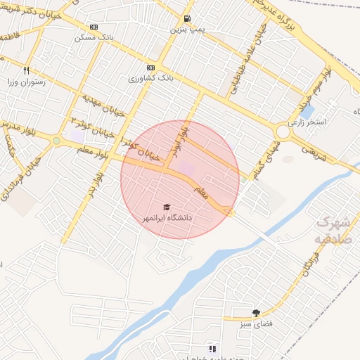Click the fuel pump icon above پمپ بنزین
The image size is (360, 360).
(186, 20)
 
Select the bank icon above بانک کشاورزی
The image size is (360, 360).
(150, 68)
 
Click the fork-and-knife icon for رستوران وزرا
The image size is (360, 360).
(27, 70)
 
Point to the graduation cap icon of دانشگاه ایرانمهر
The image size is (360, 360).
(167, 207)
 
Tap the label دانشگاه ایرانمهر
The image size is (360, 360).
(167, 219)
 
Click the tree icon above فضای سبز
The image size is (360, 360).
(255, 312)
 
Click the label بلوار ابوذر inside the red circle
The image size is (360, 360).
(181, 140)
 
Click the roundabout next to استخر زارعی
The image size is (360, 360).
(283, 131)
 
